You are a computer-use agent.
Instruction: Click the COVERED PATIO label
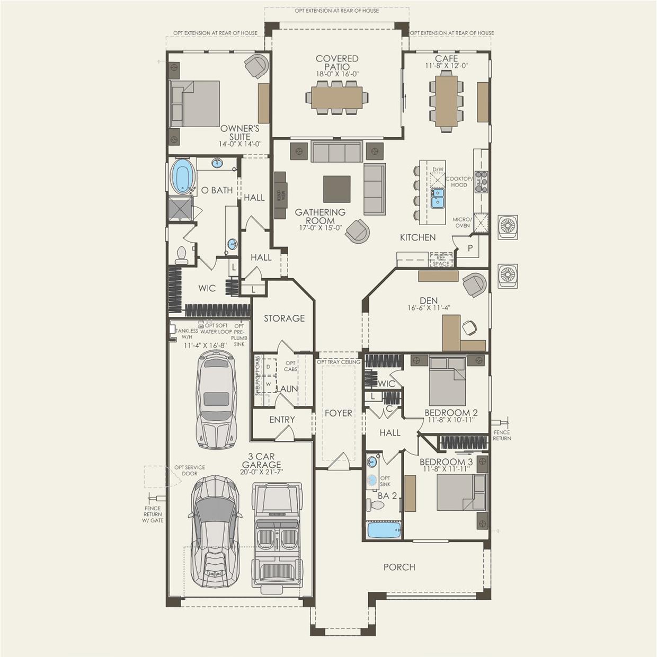[337, 63]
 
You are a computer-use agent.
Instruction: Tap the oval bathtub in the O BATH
[182, 176]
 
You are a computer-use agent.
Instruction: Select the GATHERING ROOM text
[320, 216]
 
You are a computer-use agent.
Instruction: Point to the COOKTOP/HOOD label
[459, 182]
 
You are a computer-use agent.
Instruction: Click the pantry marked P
[469, 248]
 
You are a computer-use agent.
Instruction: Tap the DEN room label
[429, 300]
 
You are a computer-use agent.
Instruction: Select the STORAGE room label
[284, 318]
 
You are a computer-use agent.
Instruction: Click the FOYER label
[338, 413]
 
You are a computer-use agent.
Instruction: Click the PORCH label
[399, 567]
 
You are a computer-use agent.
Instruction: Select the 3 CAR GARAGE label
[261, 460]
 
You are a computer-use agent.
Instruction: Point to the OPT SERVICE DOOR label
[189, 470]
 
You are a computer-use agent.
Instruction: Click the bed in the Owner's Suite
[195, 104]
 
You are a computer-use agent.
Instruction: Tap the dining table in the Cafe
[446, 101]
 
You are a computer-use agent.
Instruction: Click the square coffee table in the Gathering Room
[336, 189]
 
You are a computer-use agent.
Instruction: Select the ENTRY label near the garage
[281, 420]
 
